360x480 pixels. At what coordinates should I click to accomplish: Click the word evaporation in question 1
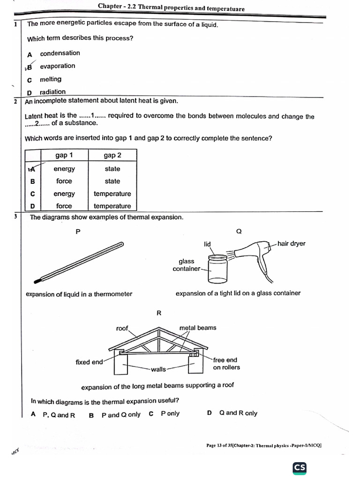click(x=57, y=66)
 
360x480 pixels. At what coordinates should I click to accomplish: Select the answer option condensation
click(x=60, y=53)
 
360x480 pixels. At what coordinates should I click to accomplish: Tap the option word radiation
click(x=52, y=92)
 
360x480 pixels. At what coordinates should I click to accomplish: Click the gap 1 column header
click(x=64, y=156)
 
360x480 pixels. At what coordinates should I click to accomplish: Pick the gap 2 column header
click(x=112, y=156)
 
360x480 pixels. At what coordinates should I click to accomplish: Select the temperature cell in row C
click(x=112, y=194)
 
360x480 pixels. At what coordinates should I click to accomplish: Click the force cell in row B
click(x=64, y=181)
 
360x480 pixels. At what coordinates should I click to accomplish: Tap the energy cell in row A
click(x=64, y=169)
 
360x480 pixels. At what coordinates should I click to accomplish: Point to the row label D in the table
click(x=32, y=206)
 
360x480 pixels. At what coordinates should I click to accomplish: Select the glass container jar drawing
click(x=217, y=269)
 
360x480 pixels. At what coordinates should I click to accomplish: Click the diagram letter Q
click(x=239, y=231)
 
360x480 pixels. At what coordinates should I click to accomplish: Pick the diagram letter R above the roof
click(x=159, y=313)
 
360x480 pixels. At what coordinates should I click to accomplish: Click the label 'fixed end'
click(x=89, y=362)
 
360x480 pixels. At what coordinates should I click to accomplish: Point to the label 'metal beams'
click(x=198, y=328)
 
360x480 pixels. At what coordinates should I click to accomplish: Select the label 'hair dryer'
click(x=291, y=243)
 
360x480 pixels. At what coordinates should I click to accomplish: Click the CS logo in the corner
click(x=300, y=468)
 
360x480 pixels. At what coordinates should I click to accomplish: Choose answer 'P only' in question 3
click(x=170, y=413)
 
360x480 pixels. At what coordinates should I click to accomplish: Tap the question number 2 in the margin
click(x=15, y=102)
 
